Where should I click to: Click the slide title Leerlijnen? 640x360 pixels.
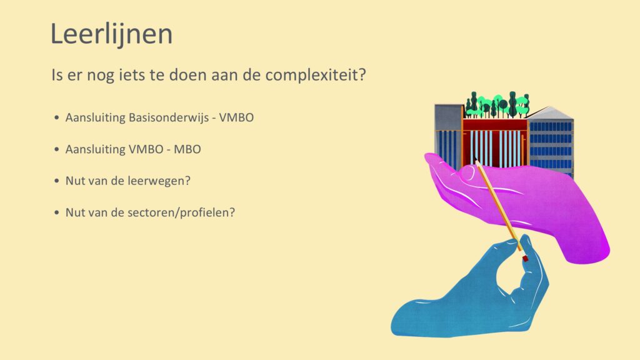tap(111, 34)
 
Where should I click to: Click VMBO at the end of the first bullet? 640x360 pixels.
tap(236, 117)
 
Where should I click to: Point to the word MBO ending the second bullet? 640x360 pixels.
tap(187, 149)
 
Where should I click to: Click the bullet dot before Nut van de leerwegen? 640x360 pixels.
tap(57, 181)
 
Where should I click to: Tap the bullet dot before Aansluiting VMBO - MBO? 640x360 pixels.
tap(57, 149)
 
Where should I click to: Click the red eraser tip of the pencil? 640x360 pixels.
tap(525, 258)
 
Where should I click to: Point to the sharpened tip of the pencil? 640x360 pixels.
tap(476, 159)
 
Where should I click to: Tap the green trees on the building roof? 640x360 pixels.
tap(497, 104)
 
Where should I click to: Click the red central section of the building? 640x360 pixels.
tap(495, 143)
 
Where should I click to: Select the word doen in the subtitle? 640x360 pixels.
tap(186, 75)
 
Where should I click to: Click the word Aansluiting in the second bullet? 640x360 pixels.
tap(96, 149)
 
